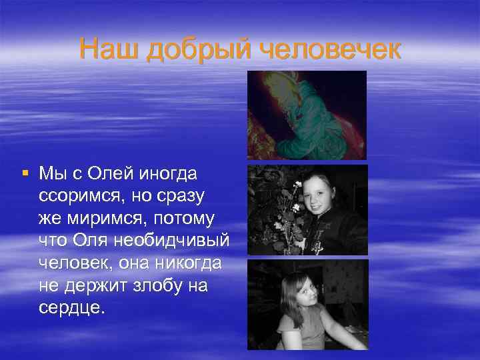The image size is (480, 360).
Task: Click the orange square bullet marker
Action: pos(25,173)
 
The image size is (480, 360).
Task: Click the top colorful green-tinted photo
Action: pos(307,115)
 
